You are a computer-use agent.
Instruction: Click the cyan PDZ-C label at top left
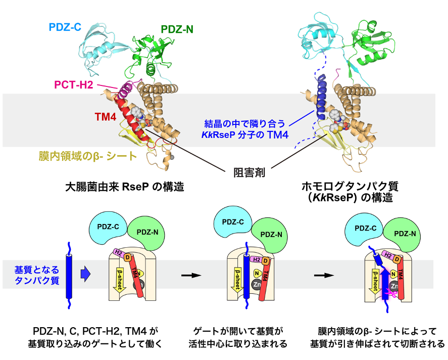click(65, 27)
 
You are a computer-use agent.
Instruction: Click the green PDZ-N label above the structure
click(177, 29)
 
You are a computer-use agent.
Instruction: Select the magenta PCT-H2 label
click(74, 84)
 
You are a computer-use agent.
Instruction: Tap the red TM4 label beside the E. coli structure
click(106, 117)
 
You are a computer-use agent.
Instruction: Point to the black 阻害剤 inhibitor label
click(249, 172)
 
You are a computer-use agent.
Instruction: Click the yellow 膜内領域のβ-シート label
click(88, 156)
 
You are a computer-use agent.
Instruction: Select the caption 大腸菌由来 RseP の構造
click(125, 187)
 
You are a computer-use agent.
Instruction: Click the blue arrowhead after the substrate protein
click(86, 274)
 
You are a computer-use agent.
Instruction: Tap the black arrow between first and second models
click(191, 276)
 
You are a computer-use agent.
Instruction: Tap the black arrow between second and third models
click(324, 276)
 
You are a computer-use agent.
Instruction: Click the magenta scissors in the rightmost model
click(390, 293)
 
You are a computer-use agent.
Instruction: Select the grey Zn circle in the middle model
click(257, 284)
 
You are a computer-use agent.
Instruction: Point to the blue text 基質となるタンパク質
click(37, 275)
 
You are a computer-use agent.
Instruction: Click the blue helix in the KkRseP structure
click(322, 97)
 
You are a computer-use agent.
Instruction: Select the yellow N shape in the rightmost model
click(393, 274)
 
